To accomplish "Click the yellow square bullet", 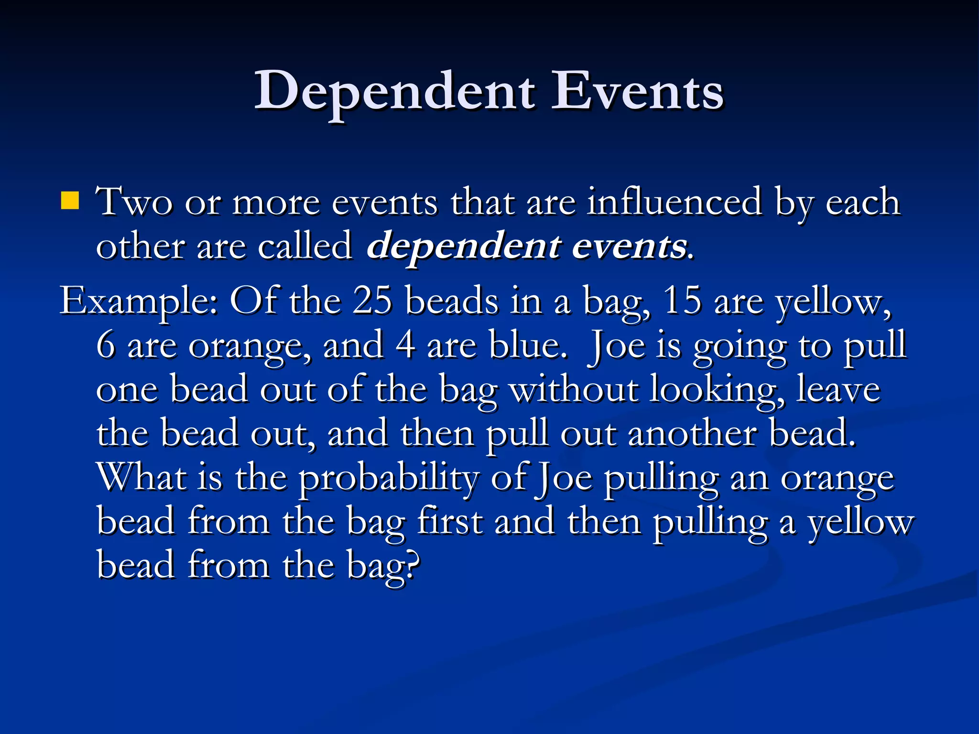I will [x=70, y=201].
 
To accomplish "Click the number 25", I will [x=372, y=301].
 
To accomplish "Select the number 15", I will [x=682, y=301].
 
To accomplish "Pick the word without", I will [x=573, y=389].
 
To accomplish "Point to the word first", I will [x=449, y=521].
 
